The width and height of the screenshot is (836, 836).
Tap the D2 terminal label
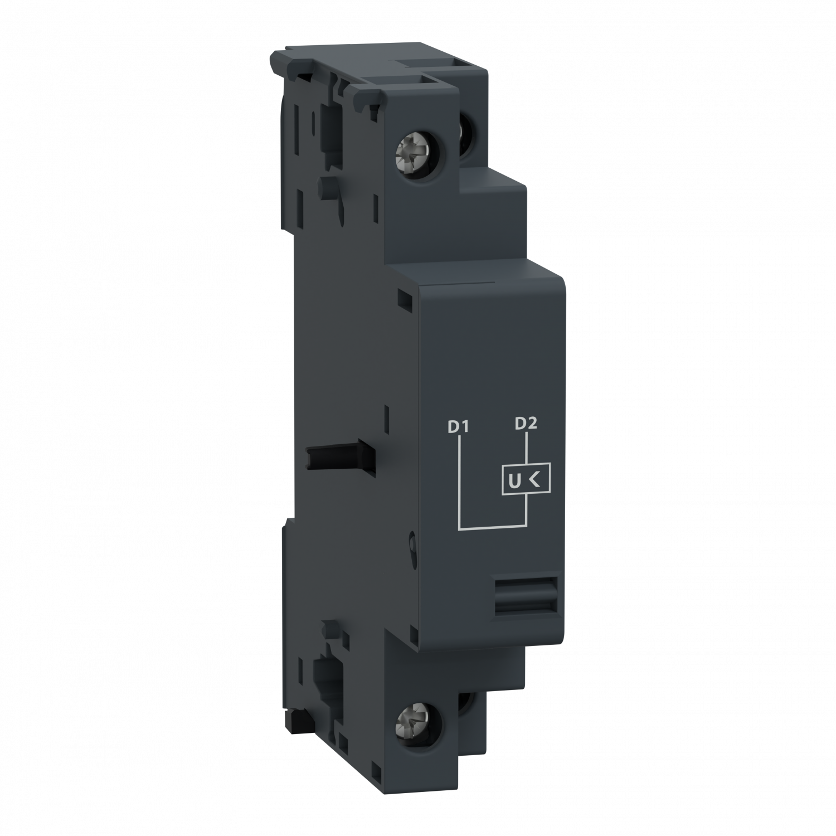coord(525,424)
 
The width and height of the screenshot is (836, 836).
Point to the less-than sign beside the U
coord(534,478)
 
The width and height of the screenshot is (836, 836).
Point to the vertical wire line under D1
coord(459,479)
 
